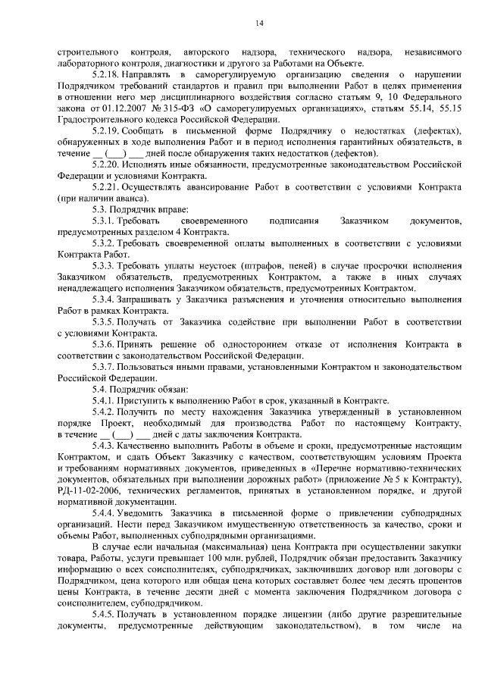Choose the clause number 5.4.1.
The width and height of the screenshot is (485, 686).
point(102,399)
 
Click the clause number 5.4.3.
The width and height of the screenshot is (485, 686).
point(102,449)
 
